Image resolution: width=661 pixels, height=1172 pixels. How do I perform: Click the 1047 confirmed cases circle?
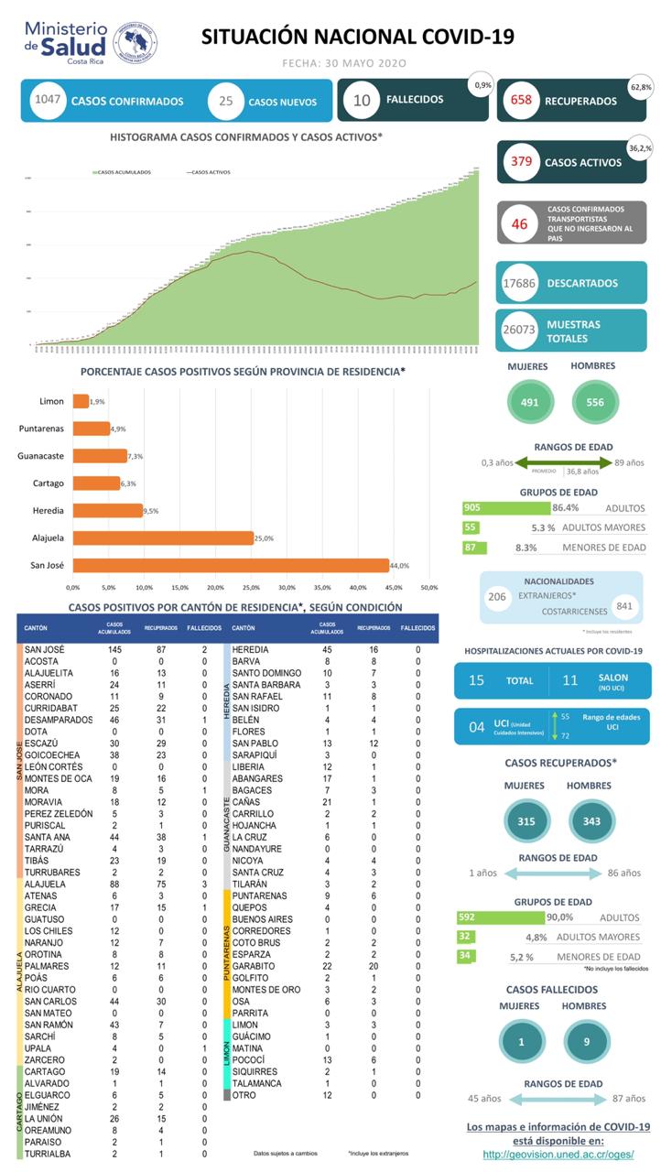(46, 100)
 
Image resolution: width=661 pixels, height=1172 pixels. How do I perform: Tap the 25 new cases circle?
(226, 101)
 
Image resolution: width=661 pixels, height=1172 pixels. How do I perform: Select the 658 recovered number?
(522, 101)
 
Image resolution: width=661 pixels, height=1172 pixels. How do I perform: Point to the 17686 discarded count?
(521, 283)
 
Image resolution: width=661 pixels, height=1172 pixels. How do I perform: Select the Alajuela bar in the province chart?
(163, 537)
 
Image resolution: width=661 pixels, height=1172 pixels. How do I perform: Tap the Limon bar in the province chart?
(81, 401)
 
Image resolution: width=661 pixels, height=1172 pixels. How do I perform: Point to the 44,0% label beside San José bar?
(401, 565)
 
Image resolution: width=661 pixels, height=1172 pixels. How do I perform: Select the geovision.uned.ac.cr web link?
(558, 1155)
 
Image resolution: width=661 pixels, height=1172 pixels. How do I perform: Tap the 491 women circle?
(530, 401)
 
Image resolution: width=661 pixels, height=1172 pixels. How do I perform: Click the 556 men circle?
(596, 401)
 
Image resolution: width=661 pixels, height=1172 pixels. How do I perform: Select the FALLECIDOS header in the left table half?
(204, 628)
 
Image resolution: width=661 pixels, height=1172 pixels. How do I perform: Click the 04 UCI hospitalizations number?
(476, 727)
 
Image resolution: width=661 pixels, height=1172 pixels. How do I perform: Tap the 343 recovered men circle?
(591, 821)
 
